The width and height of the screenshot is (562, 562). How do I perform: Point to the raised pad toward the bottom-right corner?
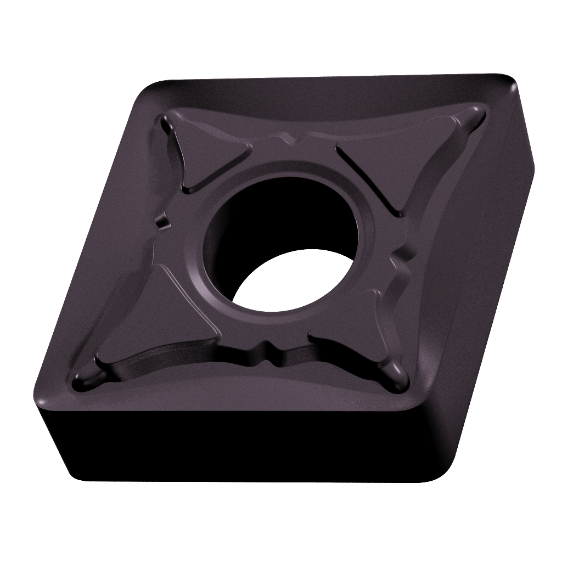coord(351,335)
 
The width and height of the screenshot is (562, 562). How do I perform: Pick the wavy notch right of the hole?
coord(403,263)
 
